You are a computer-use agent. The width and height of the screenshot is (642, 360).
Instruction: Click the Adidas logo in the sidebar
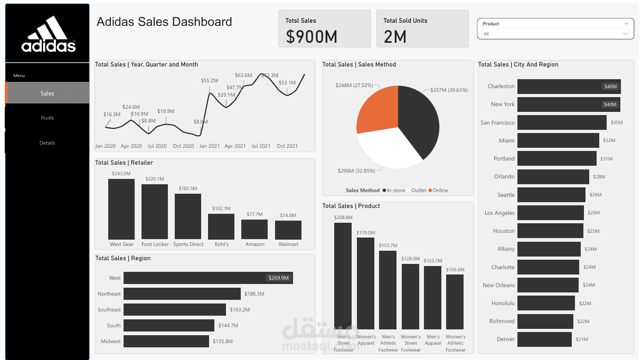point(48,34)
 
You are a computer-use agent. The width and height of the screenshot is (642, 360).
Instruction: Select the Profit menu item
point(48,118)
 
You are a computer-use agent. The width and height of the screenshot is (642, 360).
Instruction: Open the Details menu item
point(48,143)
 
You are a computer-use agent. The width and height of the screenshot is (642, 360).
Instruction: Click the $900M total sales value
point(311,36)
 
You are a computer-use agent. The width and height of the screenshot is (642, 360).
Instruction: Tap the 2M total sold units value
point(395,36)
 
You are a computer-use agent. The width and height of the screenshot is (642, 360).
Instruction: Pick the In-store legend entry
point(395,191)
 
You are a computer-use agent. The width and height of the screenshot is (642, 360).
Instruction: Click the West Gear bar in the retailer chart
point(121,210)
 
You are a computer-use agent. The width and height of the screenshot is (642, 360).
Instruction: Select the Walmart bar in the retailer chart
point(288,230)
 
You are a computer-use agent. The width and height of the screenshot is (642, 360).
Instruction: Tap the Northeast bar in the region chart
point(182,294)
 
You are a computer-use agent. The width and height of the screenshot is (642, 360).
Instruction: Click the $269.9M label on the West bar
point(279,278)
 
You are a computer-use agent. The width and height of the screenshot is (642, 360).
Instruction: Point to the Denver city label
point(505,339)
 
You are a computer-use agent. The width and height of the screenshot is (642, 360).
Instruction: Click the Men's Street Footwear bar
point(343,276)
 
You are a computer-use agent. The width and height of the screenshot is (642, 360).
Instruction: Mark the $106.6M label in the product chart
point(455,270)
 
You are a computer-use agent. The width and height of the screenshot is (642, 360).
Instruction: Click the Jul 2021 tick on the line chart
point(261,146)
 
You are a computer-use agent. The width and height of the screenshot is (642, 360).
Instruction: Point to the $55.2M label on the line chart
point(209,81)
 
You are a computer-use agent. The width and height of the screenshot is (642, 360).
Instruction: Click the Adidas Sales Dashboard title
point(164,22)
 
